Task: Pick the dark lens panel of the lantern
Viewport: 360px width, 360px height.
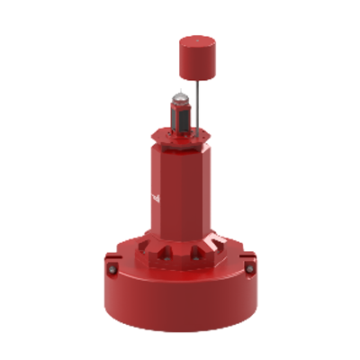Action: point(181,114)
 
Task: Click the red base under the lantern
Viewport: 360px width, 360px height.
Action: point(181,132)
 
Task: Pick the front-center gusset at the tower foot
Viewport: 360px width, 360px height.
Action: point(179,253)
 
